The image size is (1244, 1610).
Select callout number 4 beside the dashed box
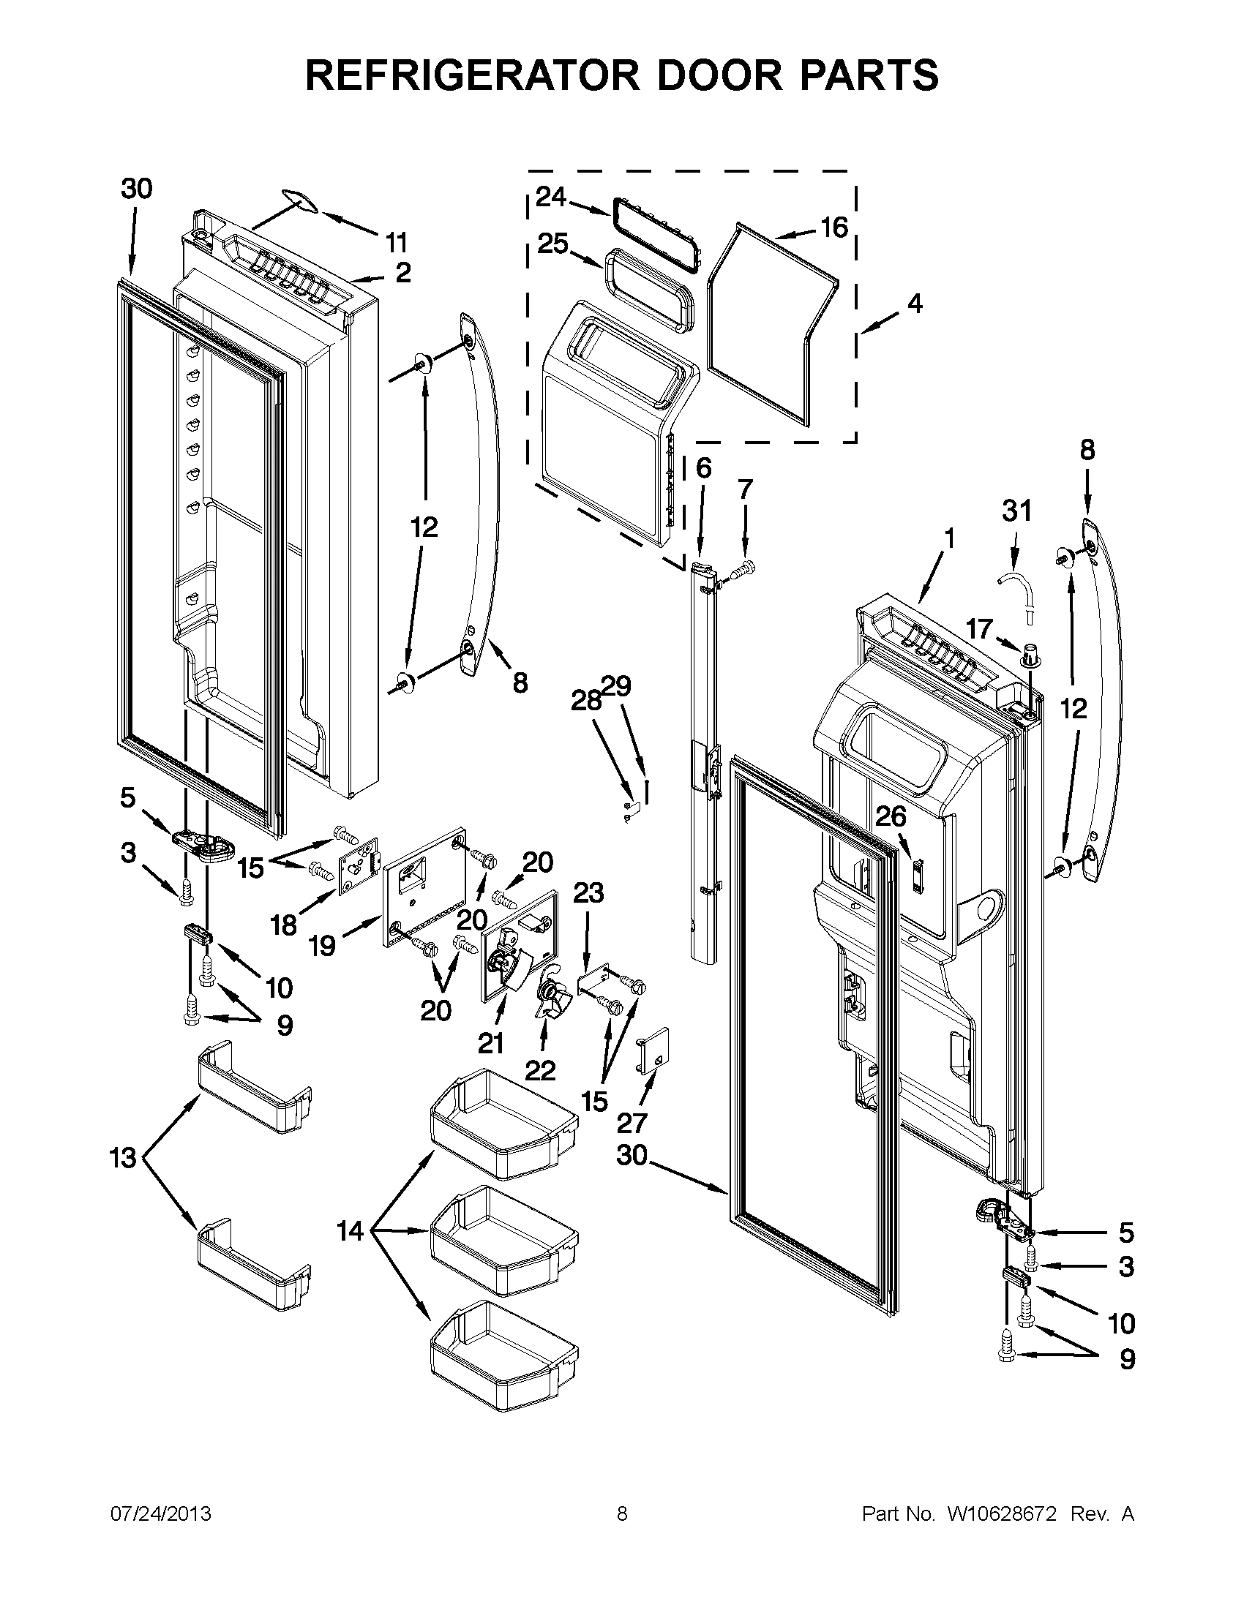click(915, 303)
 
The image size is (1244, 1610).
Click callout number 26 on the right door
click(891, 816)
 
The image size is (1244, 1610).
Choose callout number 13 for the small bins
click(123, 1158)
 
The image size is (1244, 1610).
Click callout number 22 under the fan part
click(540, 1070)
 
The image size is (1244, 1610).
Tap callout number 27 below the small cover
click(632, 1123)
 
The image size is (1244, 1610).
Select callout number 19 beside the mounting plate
click(322, 945)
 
